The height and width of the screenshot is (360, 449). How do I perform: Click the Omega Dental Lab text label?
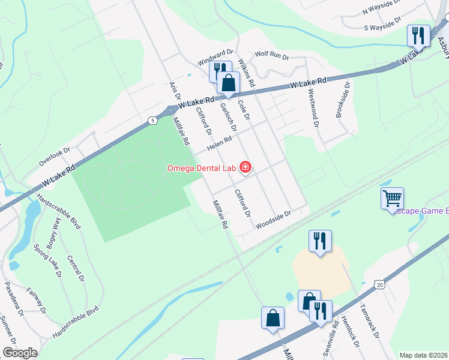pos(200,168)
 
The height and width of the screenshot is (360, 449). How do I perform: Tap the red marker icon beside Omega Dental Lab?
pos(246,168)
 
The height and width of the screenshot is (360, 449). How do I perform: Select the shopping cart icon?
pos(392,198)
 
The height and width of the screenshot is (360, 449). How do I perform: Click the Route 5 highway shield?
pos(153,121)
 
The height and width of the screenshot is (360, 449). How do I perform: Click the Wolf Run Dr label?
pos(272,55)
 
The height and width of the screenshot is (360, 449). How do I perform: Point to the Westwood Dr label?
pos(313,107)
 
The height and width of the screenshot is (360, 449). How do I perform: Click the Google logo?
pos(19,353)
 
